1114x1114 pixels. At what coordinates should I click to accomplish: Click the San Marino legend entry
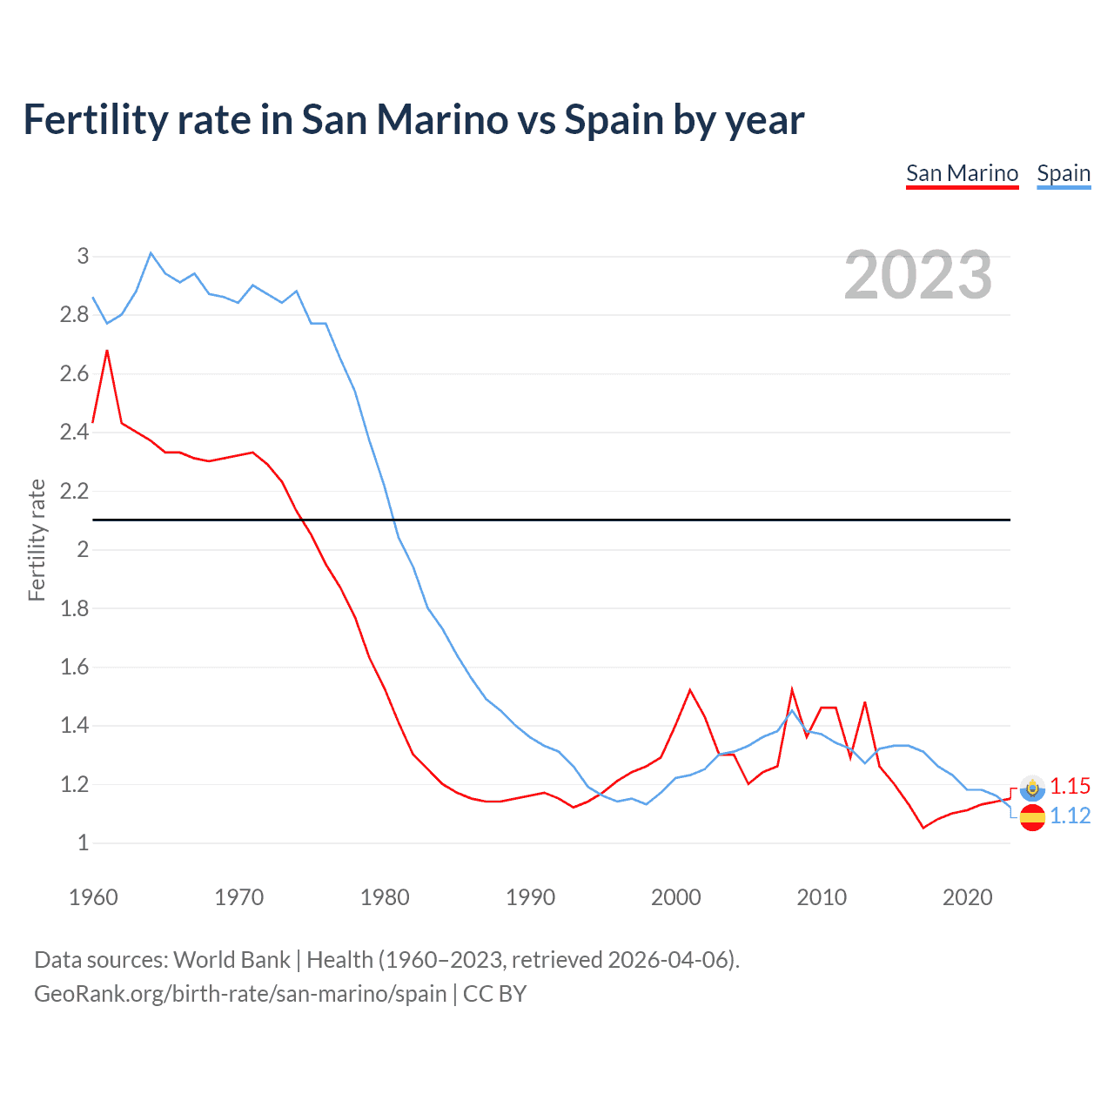pyautogui.click(x=962, y=173)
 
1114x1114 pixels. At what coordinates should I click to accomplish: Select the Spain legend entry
pyautogui.click(x=1064, y=173)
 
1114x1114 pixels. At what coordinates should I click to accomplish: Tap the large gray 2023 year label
pyautogui.click(x=918, y=275)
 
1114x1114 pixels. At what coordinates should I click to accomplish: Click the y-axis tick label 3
pyautogui.click(x=83, y=256)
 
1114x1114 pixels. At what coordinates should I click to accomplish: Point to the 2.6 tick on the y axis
pyautogui.click(x=74, y=373)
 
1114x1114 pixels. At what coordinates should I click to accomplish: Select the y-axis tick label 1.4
pyautogui.click(x=74, y=725)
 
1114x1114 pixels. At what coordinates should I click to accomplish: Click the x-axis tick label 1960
pyautogui.click(x=93, y=897)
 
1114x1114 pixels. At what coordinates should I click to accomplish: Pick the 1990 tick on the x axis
pyautogui.click(x=530, y=897)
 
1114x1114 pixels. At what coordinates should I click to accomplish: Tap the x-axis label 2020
pyautogui.click(x=967, y=897)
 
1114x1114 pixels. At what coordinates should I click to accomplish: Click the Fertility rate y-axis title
pyautogui.click(x=37, y=540)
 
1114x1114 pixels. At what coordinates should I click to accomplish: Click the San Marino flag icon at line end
pyautogui.click(x=1032, y=788)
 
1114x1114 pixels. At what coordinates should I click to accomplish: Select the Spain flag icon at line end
pyautogui.click(x=1032, y=817)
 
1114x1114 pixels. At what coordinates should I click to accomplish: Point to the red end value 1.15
pyautogui.click(x=1070, y=786)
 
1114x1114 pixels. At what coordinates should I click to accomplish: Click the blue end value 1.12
pyautogui.click(x=1070, y=815)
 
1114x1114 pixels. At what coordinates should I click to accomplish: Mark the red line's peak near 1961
pyautogui.click(x=107, y=351)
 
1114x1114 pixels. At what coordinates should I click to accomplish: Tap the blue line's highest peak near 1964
pyautogui.click(x=151, y=252)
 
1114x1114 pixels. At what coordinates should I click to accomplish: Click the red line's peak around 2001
pyautogui.click(x=690, y=690)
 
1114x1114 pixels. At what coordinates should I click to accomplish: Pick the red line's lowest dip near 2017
pyautogui.click(x=923, y=828)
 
